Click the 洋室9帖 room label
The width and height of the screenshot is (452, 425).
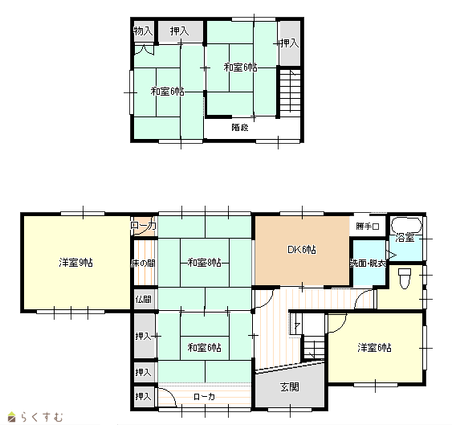click(x=75, y=263)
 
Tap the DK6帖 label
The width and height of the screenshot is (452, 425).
click(x=302, y=250)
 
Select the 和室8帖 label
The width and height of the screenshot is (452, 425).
click(x=205, y=263)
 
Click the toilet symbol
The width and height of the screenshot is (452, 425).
click(x=404, y=279)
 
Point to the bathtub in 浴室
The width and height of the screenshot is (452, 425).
click(x=406, y=225)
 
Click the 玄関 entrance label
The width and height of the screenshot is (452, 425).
click(x=290, y=387)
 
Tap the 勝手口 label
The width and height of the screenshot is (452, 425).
click(x=367, y=227)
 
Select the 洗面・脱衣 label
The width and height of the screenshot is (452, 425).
click(x=369, y=264)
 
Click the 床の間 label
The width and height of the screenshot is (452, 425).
click(x=143, y=264)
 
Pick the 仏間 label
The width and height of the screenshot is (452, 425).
click(x=143, y=299)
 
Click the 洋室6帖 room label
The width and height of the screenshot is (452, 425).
click(x=374, y=348)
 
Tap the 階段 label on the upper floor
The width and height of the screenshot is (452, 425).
click(x=240, y=127)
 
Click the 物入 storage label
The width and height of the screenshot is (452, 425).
click(x=143, y=31)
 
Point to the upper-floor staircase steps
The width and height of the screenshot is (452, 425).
click(x=291, y=91)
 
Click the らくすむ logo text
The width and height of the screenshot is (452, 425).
click(x=42, y=417)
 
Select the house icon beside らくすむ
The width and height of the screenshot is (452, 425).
click(x=11, y=417)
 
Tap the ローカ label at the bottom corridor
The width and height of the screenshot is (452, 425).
click(x=204, y=397)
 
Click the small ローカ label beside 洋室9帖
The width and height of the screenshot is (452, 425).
click(x=143, y=225)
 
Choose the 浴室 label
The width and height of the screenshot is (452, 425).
click(x=405, y=238)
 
